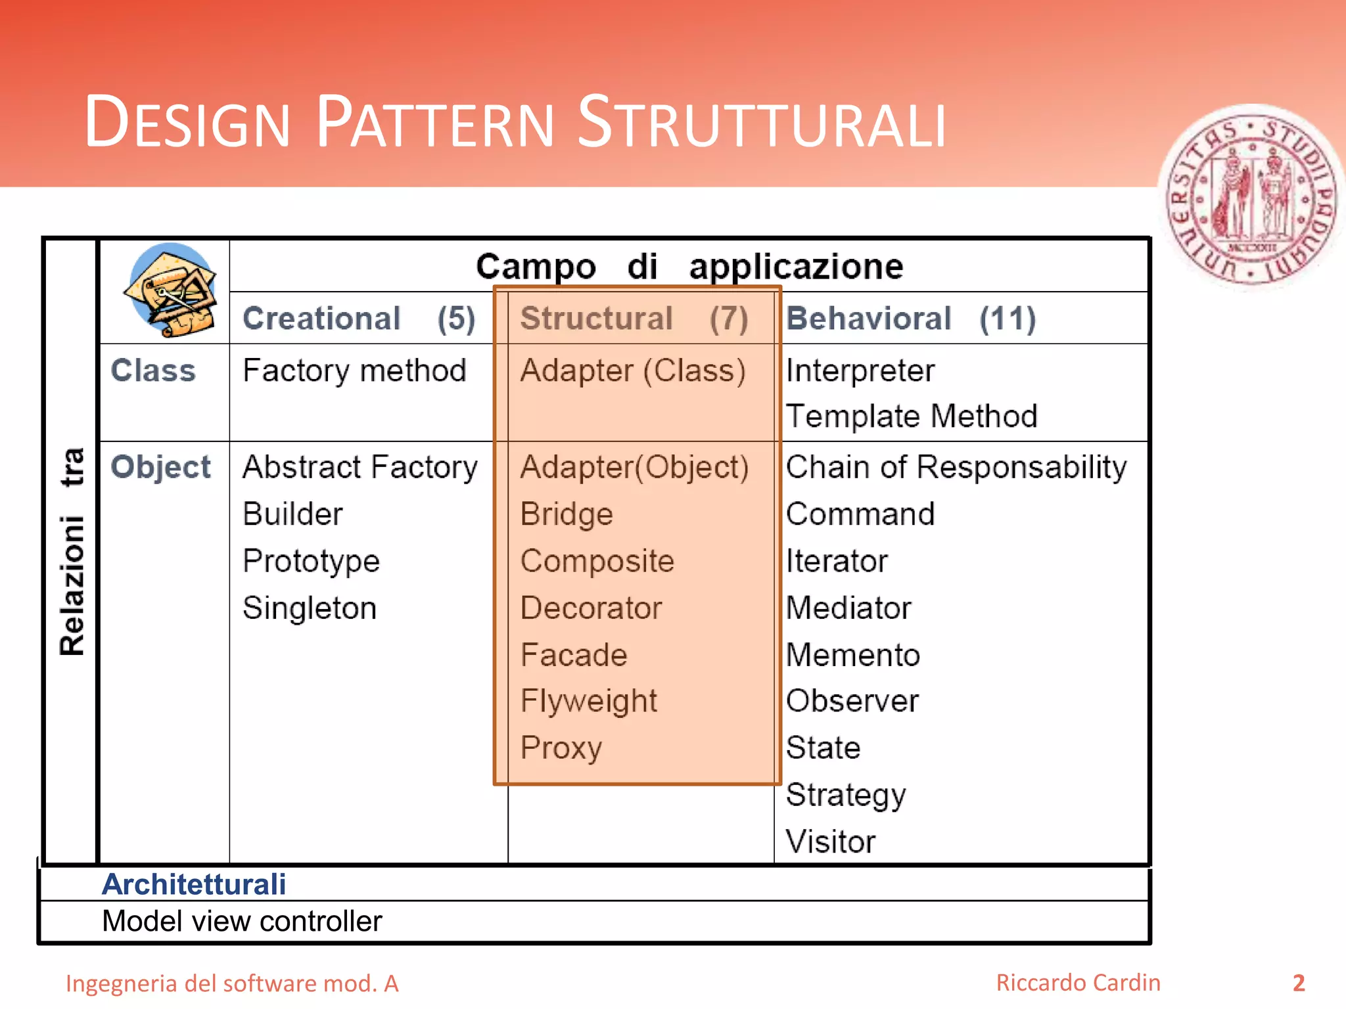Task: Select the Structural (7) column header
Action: point(634,319)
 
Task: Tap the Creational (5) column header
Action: point(359,319)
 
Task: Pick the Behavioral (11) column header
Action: point(911,319)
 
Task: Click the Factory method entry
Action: point(354,370)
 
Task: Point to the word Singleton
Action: point(310,608)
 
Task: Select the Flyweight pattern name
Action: point(588,701)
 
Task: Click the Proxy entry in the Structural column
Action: point(561,748)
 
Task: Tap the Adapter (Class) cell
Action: point(632,370)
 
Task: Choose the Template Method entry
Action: point(911,416)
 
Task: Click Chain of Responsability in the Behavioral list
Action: point(956,467)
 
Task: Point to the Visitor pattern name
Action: point(831,841)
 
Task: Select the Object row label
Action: point(160,467)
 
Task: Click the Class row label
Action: point(153,370)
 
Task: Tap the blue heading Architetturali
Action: point(194,884)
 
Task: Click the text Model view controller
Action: point(242,921)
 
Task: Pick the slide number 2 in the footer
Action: point(1298,983)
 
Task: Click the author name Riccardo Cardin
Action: point(1078,983)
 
